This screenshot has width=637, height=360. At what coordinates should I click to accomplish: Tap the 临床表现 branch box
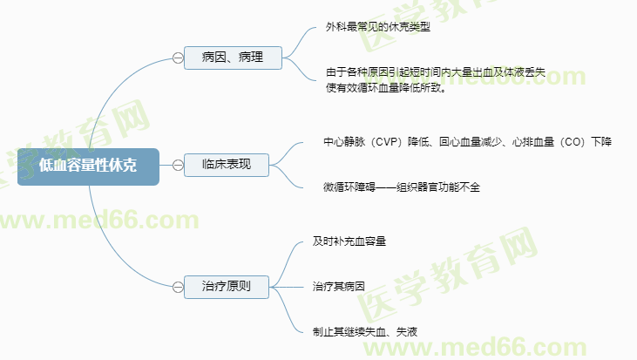(x=226, y=164)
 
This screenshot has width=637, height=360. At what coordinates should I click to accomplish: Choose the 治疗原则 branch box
(x=226, y=285)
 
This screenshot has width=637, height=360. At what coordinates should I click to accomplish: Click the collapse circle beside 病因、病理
(x=178, y=58)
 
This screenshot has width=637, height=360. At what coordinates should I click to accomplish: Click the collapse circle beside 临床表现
(x=178, y=164)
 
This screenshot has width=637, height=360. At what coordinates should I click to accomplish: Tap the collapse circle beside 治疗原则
(x=178, y=285)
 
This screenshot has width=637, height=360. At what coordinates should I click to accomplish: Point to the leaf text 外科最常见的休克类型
(x=378, y=27)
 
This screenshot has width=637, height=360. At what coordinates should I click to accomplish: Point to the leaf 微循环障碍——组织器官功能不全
(x=401, y=187)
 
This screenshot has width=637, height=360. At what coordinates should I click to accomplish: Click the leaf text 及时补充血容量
(x=349, y=240)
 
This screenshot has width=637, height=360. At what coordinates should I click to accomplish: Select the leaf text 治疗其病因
(x=338, y=285)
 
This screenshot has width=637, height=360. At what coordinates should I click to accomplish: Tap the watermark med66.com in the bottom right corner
(x=540, y=345)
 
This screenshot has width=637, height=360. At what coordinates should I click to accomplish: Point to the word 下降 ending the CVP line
(x=601, y=141)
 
